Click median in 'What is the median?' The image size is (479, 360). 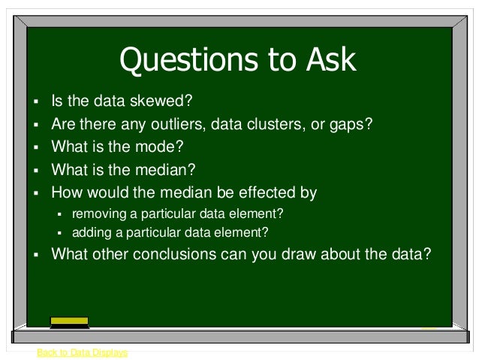169,170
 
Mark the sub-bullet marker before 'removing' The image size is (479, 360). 62,214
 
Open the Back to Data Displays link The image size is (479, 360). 82,352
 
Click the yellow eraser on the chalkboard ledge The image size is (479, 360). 69,322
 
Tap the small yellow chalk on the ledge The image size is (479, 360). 429,328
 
